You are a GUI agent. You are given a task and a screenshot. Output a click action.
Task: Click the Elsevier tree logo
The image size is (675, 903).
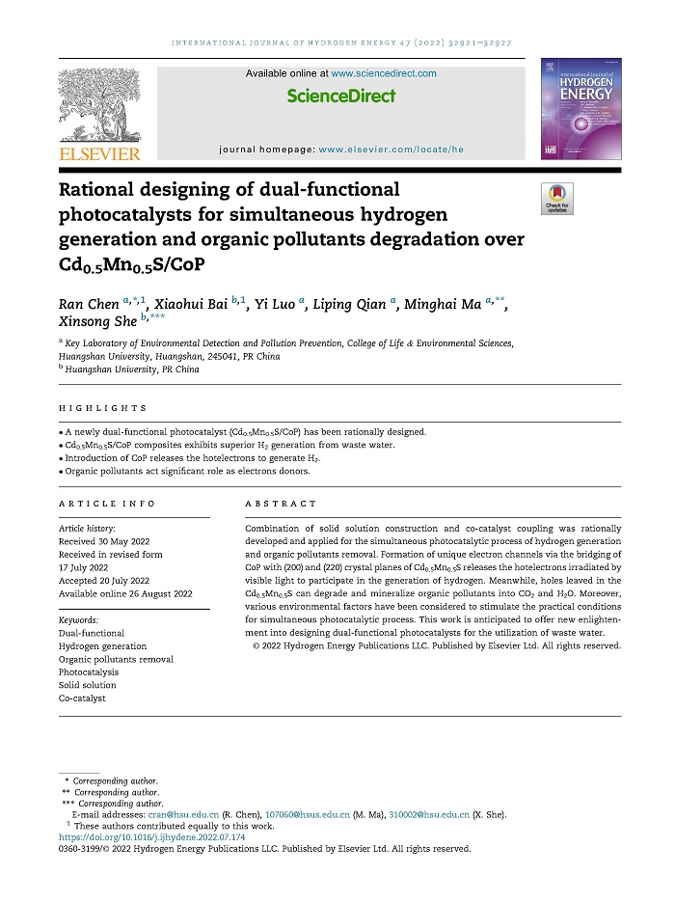point(100,105)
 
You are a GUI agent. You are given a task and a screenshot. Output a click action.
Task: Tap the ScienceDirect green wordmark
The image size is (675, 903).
point(341,96)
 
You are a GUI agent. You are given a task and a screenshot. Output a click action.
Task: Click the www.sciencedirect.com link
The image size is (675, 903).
point(384,73)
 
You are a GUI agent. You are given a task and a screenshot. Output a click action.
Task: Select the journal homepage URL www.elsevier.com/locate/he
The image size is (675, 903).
point(391,150)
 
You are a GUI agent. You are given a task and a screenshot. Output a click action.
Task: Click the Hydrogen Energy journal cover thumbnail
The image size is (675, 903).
point(580,106)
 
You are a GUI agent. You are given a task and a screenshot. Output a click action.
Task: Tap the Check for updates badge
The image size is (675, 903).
point(558,199)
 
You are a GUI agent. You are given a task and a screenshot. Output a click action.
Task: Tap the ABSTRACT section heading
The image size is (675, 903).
point(280,504)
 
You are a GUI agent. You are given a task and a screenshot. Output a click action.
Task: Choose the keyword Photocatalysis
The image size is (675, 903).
point(89,672)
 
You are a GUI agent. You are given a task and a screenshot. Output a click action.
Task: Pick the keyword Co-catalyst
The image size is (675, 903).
point(82,698)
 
